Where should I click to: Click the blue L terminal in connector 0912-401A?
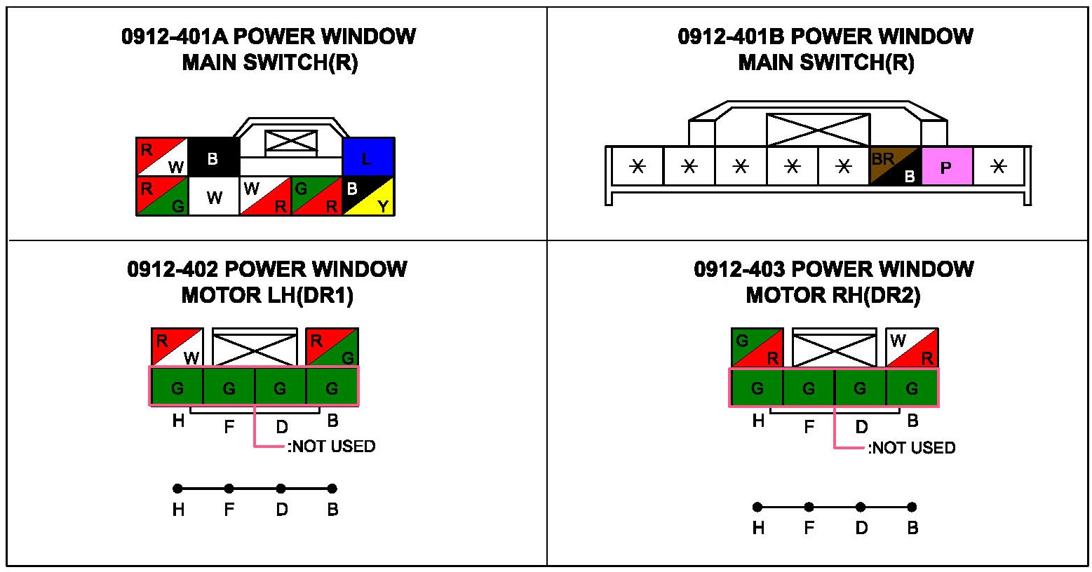(368, 157)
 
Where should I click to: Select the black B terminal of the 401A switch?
(213, 157)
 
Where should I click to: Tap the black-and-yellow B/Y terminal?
(368, 196)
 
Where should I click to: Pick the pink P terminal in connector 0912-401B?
(947, 167)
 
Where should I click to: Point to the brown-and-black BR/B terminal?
(895, 167)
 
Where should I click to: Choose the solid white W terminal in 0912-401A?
(214, 196)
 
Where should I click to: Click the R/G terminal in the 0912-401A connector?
(162, 196)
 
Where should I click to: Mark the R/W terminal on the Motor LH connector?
(177, 347)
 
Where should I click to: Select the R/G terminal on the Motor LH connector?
(332, 347)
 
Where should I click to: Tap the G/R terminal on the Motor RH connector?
(757, 347)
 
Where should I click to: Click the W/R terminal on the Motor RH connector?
(912, 347)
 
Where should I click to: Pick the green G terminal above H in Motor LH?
(177, 386)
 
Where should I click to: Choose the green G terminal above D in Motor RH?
(861, 386)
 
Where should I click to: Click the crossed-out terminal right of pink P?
(999, 167)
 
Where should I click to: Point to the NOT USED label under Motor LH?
(332, 447)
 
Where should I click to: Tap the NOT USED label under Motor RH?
(912, 448)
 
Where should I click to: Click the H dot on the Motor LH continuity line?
(177, 489)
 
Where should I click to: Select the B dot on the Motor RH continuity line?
(912, 507)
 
